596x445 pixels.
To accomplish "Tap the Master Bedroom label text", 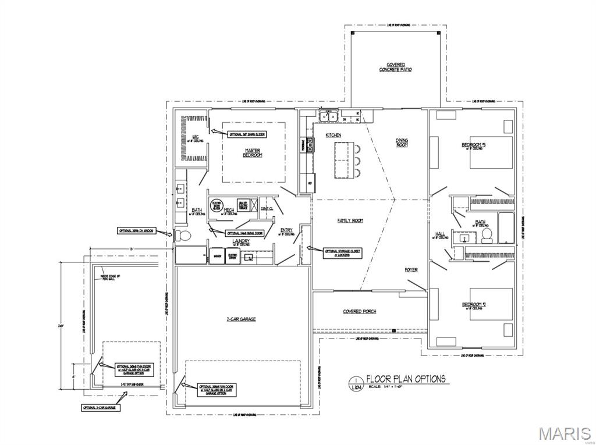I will pos(253,152).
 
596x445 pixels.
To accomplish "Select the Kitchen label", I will pos(334,135).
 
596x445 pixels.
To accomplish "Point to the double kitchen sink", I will pos(328,117).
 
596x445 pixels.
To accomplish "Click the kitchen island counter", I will pos(343,161).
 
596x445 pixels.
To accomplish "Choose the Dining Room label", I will pos(402,142).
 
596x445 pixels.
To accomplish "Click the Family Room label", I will pos(350,220).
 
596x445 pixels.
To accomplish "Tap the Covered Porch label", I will pos(359,312).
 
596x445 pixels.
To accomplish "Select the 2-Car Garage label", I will pos(241,319).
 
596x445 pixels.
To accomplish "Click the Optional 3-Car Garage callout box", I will pos(98,408).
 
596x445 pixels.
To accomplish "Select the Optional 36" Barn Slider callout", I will pos(247,134).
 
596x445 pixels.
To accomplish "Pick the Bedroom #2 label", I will pos(474,305).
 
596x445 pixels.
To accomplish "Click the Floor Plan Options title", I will pos(405,379).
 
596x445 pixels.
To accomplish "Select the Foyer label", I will pos(411,270).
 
